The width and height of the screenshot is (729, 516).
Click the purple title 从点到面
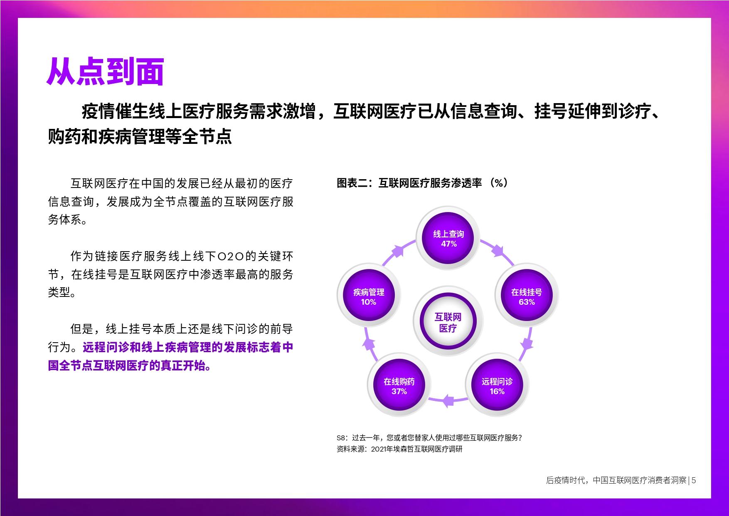(x=105, y=72)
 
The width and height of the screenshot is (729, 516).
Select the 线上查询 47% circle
(x=448, y=239)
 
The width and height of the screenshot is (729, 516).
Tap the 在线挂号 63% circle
(x=527, y=296)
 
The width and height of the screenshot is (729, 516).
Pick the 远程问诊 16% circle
(x=497, y=386)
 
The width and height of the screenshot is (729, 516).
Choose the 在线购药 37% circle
(x=399, y=386)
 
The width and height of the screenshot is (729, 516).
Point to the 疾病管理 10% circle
(x=369, y=296)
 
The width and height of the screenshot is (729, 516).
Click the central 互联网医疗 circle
(x=448, y=322)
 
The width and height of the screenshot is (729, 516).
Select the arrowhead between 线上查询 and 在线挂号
(x=497, y=251)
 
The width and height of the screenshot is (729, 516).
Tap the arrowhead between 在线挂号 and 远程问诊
(x=527, y=343)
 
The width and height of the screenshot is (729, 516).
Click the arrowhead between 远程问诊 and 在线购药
(x=448, y=401)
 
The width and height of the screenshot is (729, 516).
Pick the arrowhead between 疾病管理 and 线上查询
(x=399, y=251)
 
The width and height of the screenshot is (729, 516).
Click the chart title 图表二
(x=352, y=183)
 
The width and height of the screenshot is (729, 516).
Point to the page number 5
(x=694, y=480)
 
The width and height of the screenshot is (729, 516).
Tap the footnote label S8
(x=341, y=438)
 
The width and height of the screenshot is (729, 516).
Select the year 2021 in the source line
(x=379, y=449)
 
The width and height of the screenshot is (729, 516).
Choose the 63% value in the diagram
(x=527, y=302)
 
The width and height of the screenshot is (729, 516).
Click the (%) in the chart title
(x=499, y=183)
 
